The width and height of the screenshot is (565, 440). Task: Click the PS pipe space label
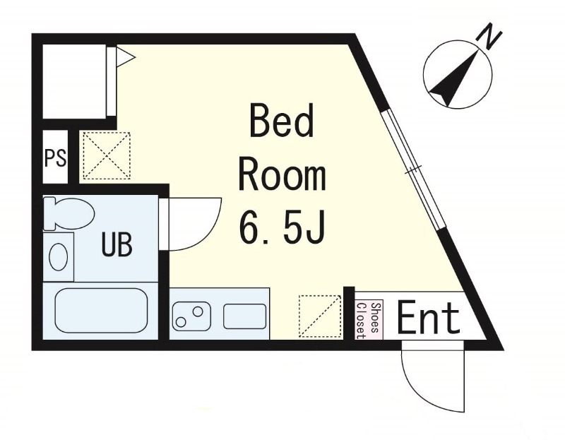point(56,157)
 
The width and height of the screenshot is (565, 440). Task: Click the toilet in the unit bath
point(68,213)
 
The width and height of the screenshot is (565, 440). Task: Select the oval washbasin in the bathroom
point(59,256)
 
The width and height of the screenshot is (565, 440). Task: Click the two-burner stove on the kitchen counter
point(191,316)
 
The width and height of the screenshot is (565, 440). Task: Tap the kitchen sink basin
point(244,316)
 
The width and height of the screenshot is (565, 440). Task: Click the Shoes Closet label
point(368,321)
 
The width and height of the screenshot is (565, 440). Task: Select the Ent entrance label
point(429,318)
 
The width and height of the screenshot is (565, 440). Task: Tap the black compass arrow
point(455,78)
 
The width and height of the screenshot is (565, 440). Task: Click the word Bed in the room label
point(281,120)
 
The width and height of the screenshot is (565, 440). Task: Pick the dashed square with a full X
point(107,155)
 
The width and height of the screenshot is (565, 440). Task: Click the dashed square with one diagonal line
point(320,316)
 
